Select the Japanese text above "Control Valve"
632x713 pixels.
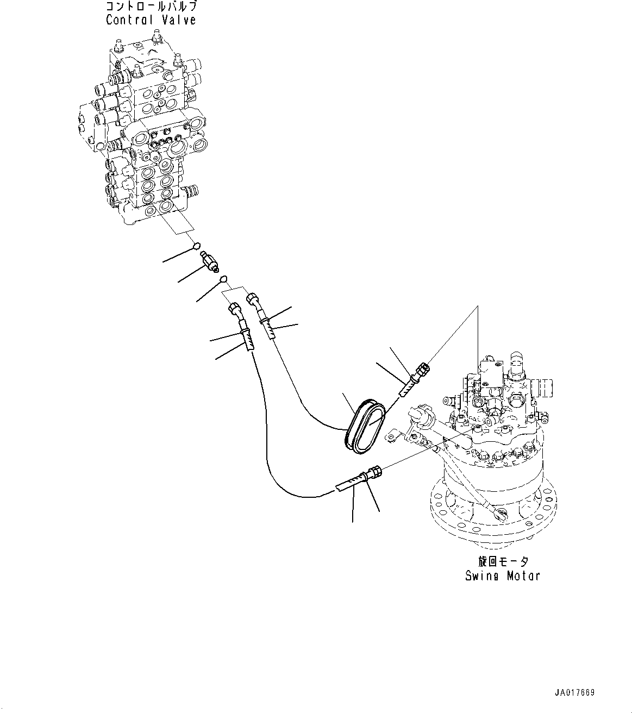point(151,7)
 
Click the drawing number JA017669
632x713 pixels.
point(574,692)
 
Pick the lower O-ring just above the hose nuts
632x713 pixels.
point(222,279)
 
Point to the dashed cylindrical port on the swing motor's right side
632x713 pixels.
point(544,387)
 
